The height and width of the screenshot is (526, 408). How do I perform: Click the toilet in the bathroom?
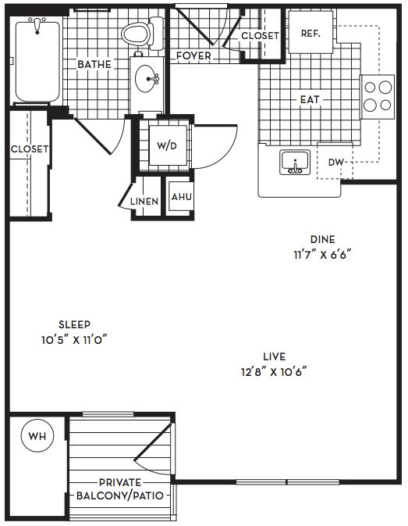(142, 33)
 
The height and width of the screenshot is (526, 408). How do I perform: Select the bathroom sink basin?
(147, 79)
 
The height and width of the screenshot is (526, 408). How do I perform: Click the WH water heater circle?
(37, 436)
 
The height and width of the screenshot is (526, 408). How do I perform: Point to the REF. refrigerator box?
(310, 32)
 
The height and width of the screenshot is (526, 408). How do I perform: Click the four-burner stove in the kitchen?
(378, 97)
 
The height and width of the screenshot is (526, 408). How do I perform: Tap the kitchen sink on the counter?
(295, 163)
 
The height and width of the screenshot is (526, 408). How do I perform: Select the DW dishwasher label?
(335, 163)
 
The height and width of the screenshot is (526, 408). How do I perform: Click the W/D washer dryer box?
(168, 145)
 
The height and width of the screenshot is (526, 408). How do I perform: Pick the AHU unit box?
(181, 196)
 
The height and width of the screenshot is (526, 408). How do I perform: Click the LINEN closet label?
(144, 202)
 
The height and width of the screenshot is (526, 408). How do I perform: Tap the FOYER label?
(193, 55)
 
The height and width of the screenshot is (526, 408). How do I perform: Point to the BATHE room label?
(94, 64)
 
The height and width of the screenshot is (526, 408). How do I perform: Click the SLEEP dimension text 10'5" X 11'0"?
(74, 340)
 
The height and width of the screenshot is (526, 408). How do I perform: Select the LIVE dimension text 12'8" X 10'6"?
(274, 372)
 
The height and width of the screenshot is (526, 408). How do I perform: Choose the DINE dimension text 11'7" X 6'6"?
(323, 255)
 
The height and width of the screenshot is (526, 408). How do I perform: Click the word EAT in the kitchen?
(310, 99)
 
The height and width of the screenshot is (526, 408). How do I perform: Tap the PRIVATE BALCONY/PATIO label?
(120, 489)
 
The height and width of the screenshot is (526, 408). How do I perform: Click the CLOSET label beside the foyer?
(260, 35)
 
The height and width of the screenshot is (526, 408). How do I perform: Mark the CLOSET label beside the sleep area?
(30, 149)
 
